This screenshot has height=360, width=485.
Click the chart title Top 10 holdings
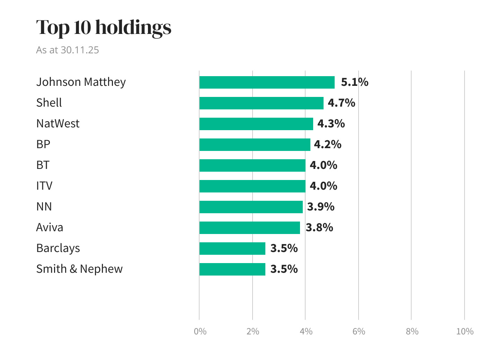[x=104, y=27]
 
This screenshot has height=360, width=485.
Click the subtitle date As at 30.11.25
[x=68, y=50]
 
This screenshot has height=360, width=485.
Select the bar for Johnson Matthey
[x=267, y=82]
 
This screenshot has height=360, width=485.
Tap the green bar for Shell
[x=261, y=103]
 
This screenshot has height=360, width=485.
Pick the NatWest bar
[x=256, y=124]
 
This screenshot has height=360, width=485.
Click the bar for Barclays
[x=232, y=249]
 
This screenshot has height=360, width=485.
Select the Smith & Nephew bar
[x=232, y=269]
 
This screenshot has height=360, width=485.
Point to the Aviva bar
[x=249, y=228]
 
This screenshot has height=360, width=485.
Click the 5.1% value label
[x=354, y=82]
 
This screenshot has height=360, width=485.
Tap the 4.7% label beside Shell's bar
[x=341, y=103]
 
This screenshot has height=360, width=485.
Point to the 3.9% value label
[x=320, y=207]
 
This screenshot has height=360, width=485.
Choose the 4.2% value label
[x=327, y=145]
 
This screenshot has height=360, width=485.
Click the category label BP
[x=43, y=144]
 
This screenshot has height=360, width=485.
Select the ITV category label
[x=44, y=186]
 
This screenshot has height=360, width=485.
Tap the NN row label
[x=44, y=207]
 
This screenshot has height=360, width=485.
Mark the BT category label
[x=43, y=165]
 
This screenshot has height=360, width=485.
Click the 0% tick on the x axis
[x=200, y=332]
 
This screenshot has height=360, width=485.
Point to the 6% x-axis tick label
[x=359, y=332]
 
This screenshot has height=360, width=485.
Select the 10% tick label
[x=465, y=332]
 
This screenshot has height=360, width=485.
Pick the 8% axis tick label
[x=412, y=332]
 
